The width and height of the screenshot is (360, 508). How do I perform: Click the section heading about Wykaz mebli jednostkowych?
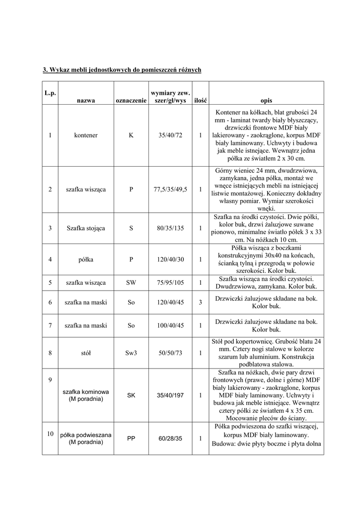tap(122, 70)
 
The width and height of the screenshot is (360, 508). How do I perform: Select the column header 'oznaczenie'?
tap(131, 100)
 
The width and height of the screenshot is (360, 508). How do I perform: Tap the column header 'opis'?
tap(266, 100)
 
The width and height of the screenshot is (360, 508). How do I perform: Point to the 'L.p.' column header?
tap(50, 93)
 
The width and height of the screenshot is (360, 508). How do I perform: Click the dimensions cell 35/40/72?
tap(170, 135)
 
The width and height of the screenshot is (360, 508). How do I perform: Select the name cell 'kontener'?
tap(85, 135)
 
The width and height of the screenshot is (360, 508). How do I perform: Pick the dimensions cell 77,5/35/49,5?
tap(170, 189)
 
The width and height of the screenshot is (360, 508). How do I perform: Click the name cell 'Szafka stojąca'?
tap(85, 228)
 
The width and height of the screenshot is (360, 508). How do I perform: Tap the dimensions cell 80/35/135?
tap(170, 228)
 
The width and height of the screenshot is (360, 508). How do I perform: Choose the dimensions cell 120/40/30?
tap(170, 259)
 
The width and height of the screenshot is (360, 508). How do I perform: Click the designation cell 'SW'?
tap(131, 283)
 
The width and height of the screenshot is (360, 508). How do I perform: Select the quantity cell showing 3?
tap(200, 302)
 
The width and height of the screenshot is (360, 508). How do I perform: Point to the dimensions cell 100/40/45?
tap(170, 325)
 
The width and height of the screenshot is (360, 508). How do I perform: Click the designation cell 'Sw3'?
tap(131, 353)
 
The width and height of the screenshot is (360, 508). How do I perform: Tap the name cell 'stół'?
tap(85, 353)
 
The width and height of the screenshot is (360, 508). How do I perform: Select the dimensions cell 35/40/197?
tap(170, 395)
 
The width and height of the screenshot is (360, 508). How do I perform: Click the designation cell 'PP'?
tap(131, 439)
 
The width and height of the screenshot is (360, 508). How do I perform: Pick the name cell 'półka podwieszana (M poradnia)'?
tap(85, 439)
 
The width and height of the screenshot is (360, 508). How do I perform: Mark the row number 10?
tap(50, 434)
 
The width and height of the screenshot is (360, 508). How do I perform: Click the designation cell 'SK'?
tap(131, 395)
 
